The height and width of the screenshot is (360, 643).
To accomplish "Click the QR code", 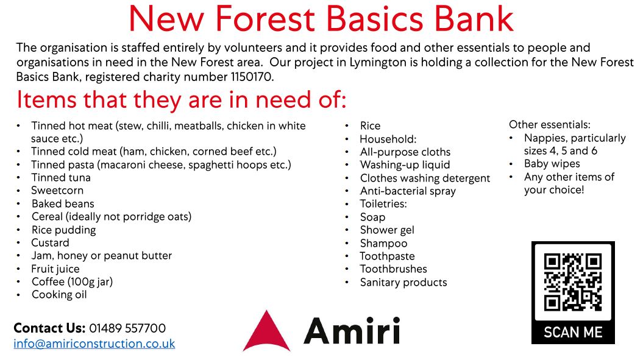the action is (x=573, y=282).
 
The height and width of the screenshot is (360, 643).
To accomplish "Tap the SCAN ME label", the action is (x=573, y=332).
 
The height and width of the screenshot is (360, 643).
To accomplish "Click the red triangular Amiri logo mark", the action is (x=266, y=331).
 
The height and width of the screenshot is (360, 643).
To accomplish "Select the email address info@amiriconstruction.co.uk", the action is (x=94, y=344).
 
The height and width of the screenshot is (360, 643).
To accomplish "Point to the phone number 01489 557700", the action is (x=127, y=328).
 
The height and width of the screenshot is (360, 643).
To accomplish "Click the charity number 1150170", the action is (x=252, y=77).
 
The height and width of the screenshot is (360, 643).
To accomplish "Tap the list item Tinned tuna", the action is (x=61, y=177).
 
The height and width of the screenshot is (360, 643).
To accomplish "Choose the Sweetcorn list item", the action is (x=57, y=190).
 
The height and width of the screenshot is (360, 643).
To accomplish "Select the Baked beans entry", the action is (x=63, y=203).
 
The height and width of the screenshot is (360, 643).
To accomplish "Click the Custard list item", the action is (x=50, y=242).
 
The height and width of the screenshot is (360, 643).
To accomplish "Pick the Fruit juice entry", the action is (x=55, y=269).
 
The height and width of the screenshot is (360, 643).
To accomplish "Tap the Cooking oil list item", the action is (x=59, y=295).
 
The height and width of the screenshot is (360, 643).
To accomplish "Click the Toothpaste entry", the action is (x=387, y=256).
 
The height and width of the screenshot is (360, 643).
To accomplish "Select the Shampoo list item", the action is (x=383, y=244).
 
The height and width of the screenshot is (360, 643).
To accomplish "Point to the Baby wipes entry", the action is (x=552, y=164).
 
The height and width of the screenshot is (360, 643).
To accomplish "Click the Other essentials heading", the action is (x=550, y=124).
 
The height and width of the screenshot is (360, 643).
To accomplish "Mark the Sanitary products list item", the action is (x=403, y=282).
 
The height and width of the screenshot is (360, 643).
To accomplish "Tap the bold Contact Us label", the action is (x=49, y=328).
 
